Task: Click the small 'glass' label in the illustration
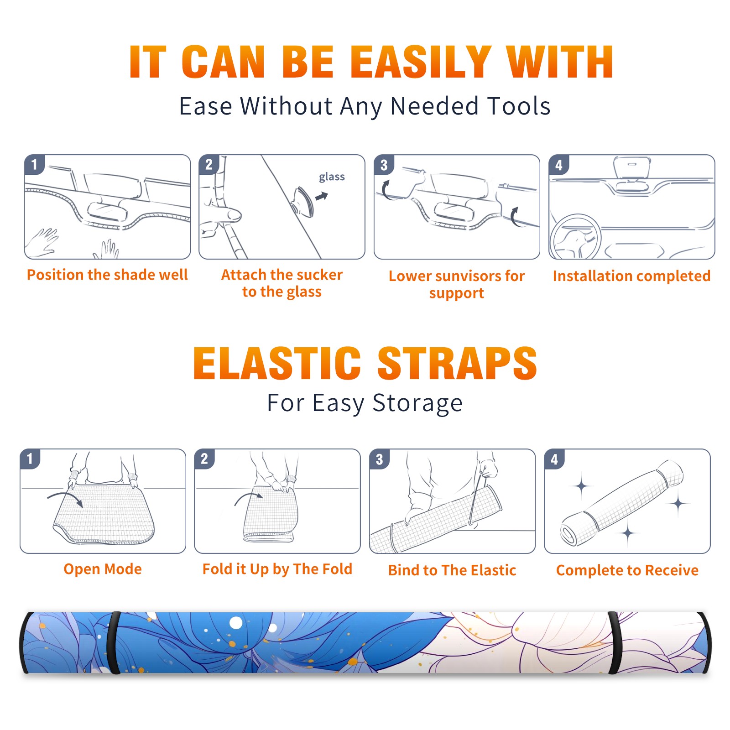click(332, 177)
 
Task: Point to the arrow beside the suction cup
click(322, 196)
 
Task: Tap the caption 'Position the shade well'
click(107, 275)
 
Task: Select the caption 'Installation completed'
click(631, 276)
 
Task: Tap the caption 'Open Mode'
click(103, 569)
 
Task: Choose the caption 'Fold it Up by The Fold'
click(277, 569)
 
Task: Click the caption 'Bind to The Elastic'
click(452, 570)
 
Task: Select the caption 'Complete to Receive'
click(627, 570)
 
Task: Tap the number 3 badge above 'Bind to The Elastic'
click(379, 459)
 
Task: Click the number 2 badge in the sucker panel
click(209, 165)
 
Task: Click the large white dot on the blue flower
click(236, 623)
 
